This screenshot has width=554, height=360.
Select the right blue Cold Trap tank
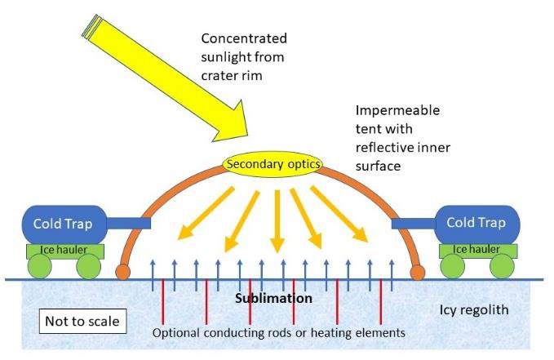click(x=477, y=223)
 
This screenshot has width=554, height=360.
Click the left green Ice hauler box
click(x=64, y=249)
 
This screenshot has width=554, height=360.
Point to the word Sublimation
click(x=273, y=298)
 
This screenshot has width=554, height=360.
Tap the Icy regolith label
click(x=481, y=309)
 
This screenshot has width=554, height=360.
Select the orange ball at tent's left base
click(x=124, y=270)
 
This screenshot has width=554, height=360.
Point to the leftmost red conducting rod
click(x=163, y=300)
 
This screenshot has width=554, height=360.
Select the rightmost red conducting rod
click(x=381, y=300)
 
